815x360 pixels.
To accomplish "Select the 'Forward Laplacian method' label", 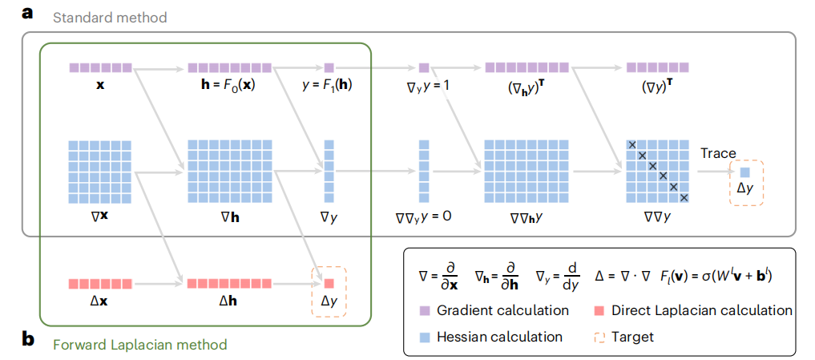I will [140, 345].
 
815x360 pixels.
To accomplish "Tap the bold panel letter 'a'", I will [28, 13].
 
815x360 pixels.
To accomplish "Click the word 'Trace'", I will [717, 153].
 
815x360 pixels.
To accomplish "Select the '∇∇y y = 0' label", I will [424, 215].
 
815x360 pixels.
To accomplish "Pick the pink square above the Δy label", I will [329, 282].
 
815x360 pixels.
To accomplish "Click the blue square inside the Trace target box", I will [744, 172].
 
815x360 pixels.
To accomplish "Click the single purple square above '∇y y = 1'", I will [425, 68].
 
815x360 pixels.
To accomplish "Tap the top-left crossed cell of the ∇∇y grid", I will [631, 144].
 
